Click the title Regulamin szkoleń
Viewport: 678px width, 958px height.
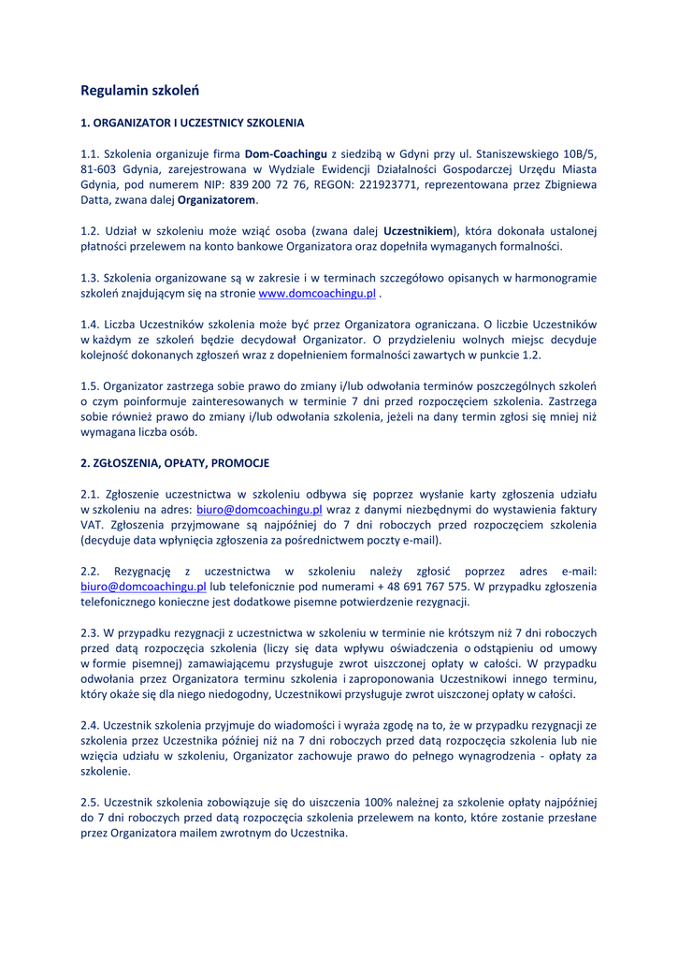click(140, 91)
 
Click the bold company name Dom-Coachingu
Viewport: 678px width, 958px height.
click(286, 153)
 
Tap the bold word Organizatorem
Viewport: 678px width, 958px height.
click(216, 200)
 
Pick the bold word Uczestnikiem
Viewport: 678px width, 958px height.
click(419, 231)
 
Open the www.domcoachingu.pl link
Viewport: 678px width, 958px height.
click(316, 293)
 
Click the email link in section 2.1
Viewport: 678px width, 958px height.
click(259, 510)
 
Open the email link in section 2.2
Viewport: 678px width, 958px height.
click(143, 587)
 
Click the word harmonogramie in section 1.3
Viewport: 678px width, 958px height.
click(555, 278)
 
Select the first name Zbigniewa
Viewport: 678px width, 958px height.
click(564, 185)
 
